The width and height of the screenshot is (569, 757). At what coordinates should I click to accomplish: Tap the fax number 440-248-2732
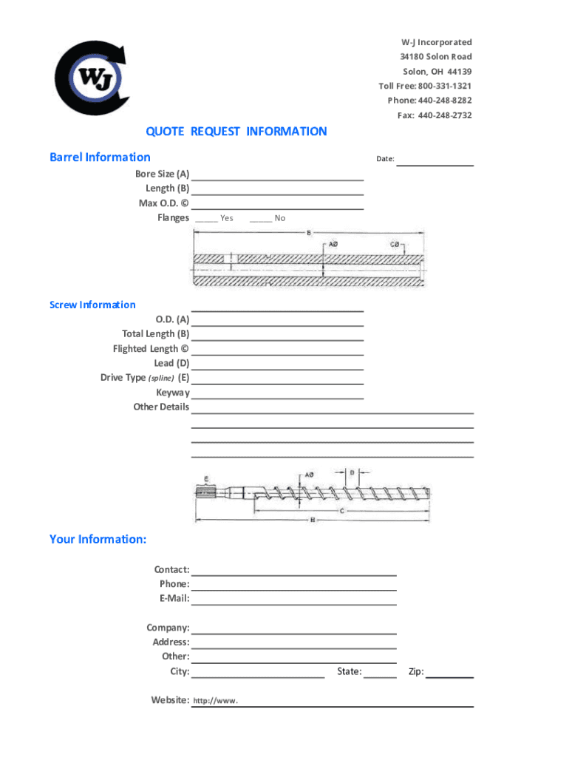coord(445,115)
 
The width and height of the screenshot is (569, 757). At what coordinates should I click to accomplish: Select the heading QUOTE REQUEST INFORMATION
coord(236,132)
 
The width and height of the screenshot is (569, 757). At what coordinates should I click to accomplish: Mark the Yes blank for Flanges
coord(206,219)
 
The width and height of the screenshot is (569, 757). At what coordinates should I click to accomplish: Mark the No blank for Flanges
coord(260,219)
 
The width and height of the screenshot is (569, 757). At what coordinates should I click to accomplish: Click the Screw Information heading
coord(92,305)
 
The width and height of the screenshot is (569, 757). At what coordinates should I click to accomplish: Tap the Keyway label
coord(172,393)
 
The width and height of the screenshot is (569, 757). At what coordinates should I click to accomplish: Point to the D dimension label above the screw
coord(352,472)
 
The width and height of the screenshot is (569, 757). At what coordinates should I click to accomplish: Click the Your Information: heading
coord(98,540)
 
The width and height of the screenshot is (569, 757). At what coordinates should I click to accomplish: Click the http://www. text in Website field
coord(215,701)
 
